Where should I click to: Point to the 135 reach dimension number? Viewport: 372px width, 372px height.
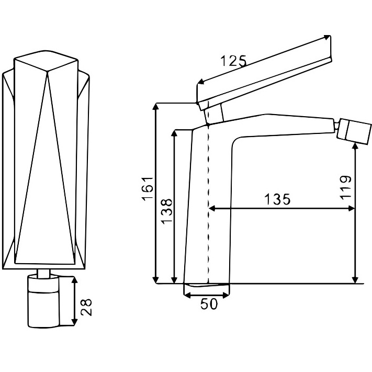coord(277,199)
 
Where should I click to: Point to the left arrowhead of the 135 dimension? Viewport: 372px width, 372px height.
coord(212,209)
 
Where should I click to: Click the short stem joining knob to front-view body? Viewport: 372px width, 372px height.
coord(43,273)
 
